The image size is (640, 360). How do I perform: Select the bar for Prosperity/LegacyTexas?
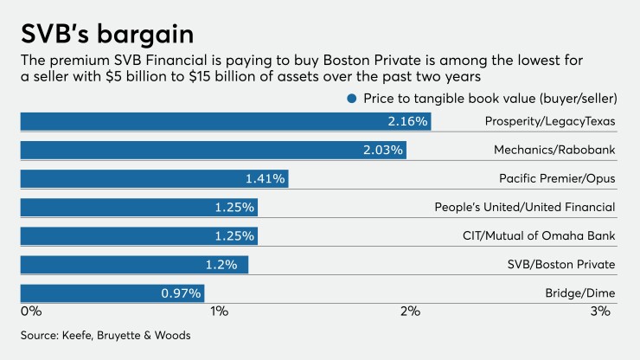225,121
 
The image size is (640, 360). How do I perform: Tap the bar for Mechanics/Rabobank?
213,150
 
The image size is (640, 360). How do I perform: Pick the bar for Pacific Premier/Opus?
153,178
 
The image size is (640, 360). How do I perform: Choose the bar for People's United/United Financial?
138,208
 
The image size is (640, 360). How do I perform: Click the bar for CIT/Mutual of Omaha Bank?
138,236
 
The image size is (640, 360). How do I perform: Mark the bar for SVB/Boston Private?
134,265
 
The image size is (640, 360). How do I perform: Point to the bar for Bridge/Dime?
112,293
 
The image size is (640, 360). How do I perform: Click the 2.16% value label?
407,122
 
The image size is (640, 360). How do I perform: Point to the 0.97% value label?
181,293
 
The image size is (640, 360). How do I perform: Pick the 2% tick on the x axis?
409,311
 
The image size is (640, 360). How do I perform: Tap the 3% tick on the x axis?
600,311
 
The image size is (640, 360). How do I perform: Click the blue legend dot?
351,99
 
